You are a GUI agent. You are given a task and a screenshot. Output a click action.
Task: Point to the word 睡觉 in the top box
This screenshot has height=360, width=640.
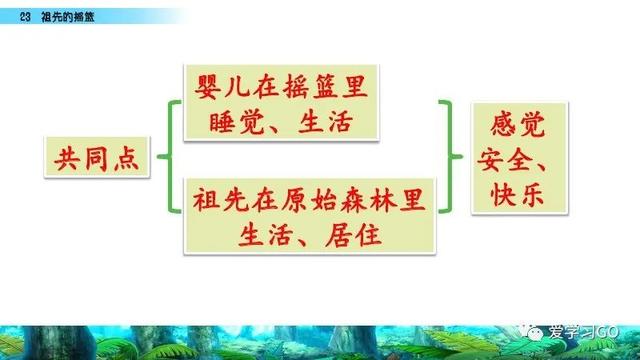(x=236, y=122)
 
